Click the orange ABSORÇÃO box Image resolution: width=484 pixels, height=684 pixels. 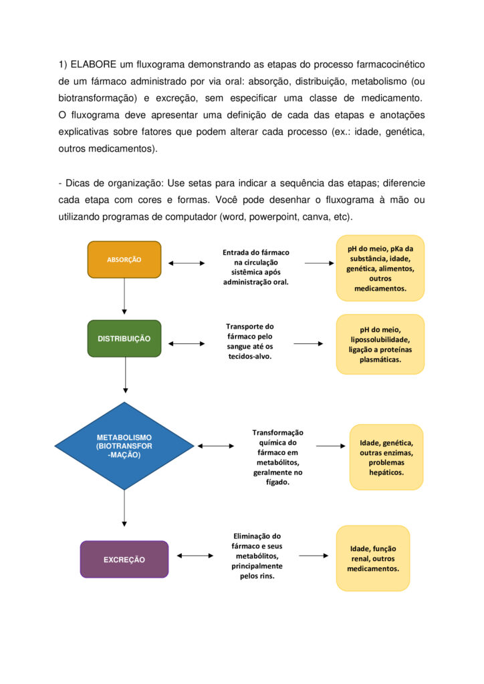[124, 259]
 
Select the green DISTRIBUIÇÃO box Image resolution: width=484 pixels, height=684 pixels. [124, 339]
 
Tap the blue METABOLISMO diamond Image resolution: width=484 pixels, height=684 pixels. [124, 446]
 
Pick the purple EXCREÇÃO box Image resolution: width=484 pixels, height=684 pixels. [124, 559]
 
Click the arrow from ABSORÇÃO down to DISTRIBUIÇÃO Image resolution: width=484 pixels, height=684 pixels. [124, 295]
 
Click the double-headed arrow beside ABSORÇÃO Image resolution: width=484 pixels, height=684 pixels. [187, 263]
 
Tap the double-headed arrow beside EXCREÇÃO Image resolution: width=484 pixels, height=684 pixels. [195, 555]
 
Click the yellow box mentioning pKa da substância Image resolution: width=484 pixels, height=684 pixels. [380, 268]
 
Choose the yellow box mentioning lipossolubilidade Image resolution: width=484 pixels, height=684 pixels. [380, 344]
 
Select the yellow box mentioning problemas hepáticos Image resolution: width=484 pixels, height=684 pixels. [386, 457]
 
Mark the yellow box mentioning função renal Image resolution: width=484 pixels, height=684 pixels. [372, 558]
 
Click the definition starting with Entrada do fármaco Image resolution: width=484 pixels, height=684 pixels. [255, 267]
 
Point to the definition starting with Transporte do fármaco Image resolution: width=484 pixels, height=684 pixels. [249, 341]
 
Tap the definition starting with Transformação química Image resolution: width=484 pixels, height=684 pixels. [277, 457]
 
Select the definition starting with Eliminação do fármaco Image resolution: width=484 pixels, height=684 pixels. [257, 556]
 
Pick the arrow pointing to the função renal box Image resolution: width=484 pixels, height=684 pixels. [314, 555]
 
